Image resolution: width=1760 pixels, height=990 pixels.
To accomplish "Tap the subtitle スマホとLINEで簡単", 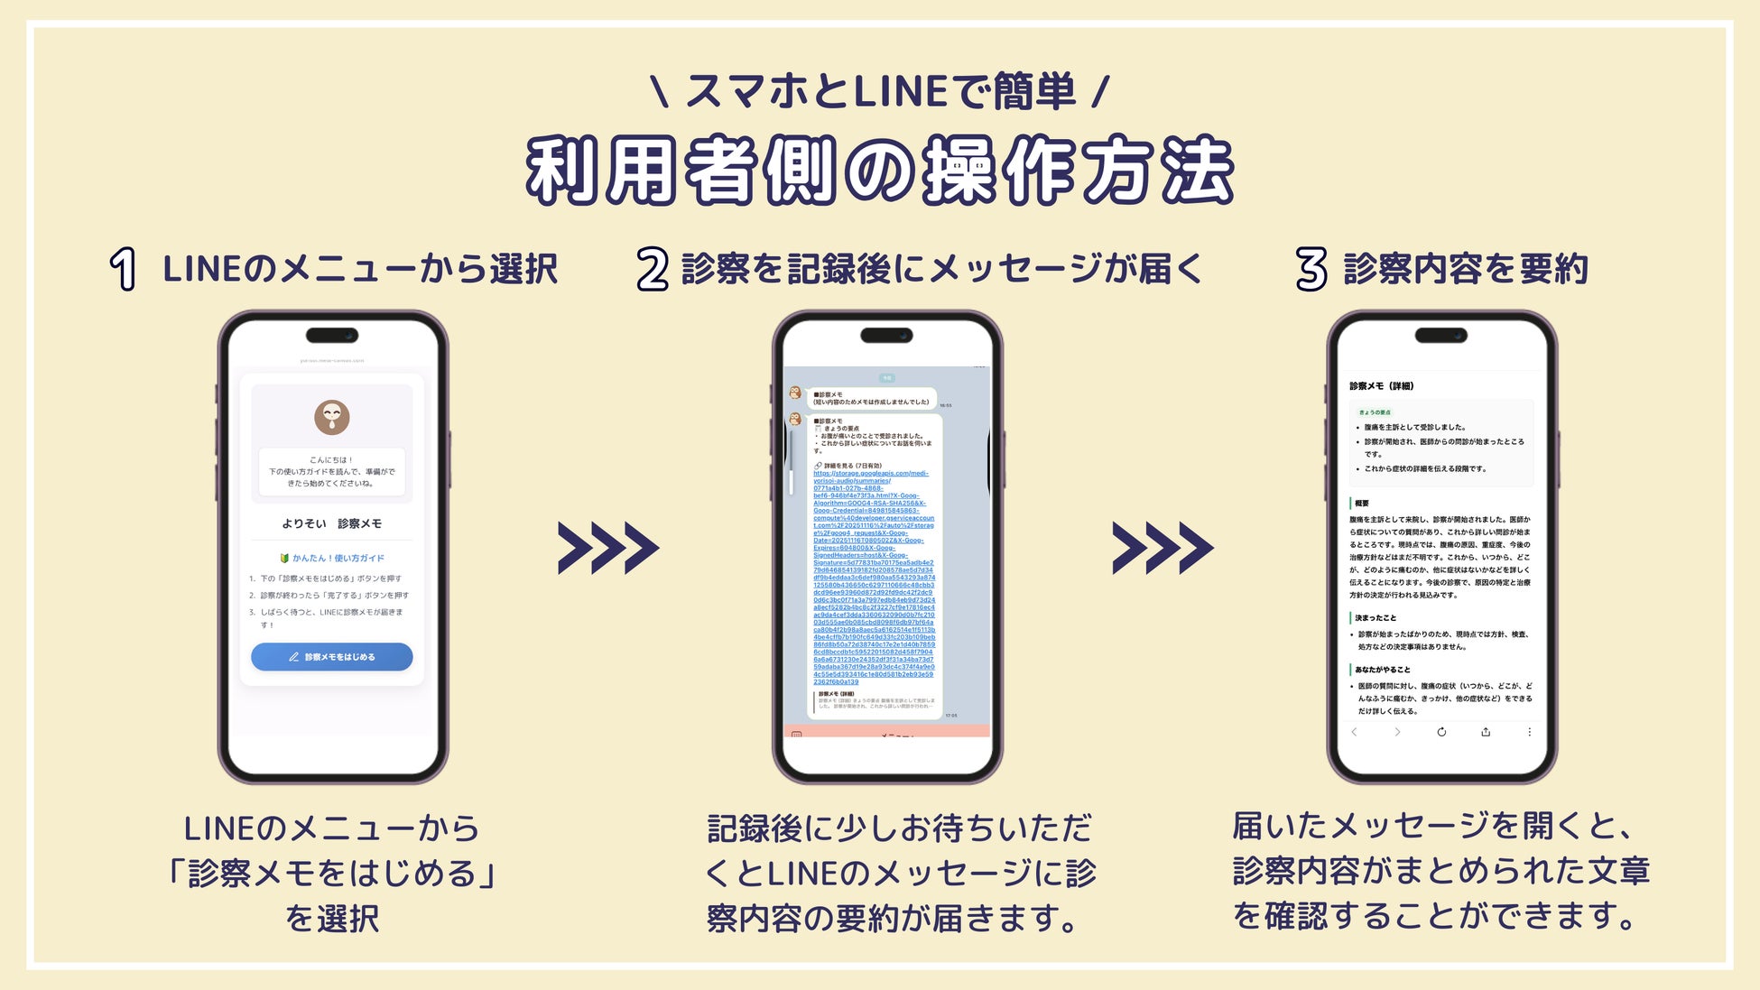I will click(x=880, y=91).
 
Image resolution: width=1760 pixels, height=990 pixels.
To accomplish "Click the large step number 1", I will click(x=124, y=269).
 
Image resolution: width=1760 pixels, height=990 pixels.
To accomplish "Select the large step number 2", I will click(x=652, y=269).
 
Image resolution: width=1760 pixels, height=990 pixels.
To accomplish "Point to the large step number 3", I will click(x=1311, y=269).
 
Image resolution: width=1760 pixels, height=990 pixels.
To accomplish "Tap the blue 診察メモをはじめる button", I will click(x=332, y=657).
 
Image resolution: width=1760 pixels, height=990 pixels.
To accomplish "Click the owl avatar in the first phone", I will click(x=332, y=417).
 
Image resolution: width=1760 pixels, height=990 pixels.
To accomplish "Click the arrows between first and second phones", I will click(x=608, y=548).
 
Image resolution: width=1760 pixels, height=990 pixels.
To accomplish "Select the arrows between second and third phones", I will click(x=1163, y=548).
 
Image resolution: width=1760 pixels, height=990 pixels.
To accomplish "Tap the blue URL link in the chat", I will click(x=874, y=578).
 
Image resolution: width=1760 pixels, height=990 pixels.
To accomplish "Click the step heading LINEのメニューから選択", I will click(x=360, y=269).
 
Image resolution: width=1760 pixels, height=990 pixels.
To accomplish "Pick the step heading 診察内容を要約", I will click(x=1466, y=269).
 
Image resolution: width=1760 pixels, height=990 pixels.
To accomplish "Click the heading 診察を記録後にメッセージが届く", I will click(x=941, y=269).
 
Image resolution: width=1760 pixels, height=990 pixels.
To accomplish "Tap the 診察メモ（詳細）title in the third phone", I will click(x=1382, y=386).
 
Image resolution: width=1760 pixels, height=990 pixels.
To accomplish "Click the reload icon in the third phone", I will click(x=1441, y=732).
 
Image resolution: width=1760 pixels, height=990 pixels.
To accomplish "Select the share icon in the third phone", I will click(x=1486, y=732).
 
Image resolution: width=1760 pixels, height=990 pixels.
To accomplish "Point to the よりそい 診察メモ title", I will click(x=332, y=523).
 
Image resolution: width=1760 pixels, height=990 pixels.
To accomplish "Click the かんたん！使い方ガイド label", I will click(x=333, y=558).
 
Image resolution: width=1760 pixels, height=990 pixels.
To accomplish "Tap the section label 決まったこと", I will click(x=1376, y=618).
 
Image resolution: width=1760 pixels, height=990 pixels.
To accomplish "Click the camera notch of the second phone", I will click(x=886, y=336).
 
